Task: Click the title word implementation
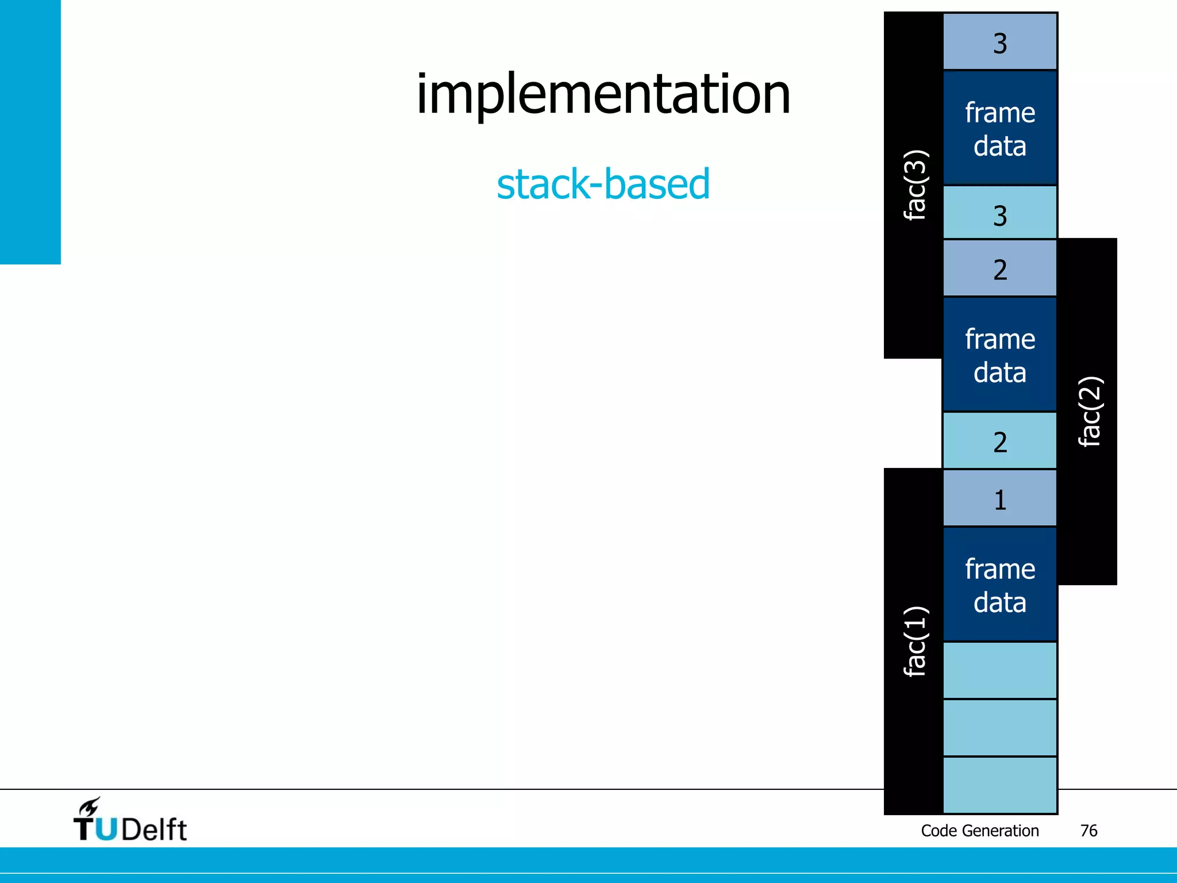[x=603, y=95]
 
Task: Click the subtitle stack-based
[x=603, y=184]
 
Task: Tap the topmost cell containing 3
[x=1000, y=42]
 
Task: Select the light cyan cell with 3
[x=1000, y=213]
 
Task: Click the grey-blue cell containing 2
[x=1000, y=268]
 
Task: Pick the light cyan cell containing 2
[x=1000, y=441]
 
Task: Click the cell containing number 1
[x=1000, y=498]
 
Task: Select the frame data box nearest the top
[x=1000, y=128]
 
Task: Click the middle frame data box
[x=1000, y=355]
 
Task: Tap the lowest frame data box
[x=1000, y=585]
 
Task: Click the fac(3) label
[x=914, y=185]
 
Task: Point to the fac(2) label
[x=1089, y=412]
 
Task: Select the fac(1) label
[x=914, y=641]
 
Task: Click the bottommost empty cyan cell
[x=1000, y=785]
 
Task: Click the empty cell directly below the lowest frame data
[x=1000, y=670]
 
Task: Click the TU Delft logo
[x=130, y=821]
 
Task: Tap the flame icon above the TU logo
[x=90, y=807]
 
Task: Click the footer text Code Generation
[x=979, y=831]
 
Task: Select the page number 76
[x=1088, y=831]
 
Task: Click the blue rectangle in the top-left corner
[x=30, y=132]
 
